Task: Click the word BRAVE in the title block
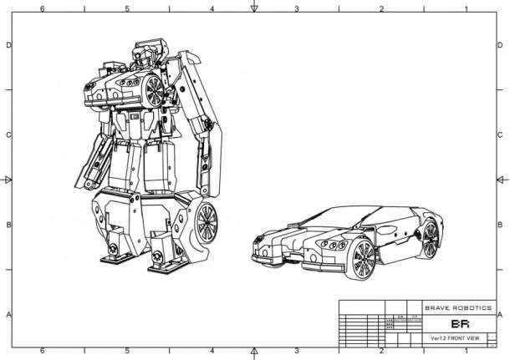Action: pos(440,307)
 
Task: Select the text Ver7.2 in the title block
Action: pos(438,338)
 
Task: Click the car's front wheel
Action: pos(364,260)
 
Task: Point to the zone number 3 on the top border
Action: pos(296,8)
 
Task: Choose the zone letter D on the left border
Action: pos(8,45)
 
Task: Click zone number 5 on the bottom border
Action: pos(127,352)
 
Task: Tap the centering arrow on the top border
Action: pos(254,8)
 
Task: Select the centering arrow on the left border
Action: pos(8,180)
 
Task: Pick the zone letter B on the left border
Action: pos(8,225)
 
